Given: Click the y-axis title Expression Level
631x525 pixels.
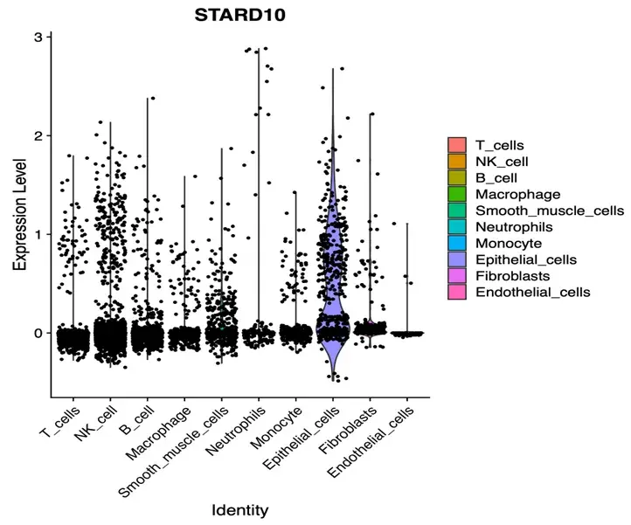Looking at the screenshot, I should point(19,209).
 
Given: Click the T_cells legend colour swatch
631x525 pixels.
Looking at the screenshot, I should point(456,145).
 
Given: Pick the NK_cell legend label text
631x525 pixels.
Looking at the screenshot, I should point(502,162).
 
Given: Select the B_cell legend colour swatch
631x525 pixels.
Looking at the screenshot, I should point(456,177).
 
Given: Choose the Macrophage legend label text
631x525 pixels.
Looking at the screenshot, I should point(517,194).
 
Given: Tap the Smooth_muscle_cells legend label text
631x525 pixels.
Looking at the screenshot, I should point(550,211).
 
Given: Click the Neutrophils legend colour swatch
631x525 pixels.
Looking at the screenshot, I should point(456,226).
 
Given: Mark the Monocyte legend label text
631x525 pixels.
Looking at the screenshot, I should point(509,243).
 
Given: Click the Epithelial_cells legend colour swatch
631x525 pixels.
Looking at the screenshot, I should point(456,259).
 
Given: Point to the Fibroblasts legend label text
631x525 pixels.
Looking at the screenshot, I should point(515,275).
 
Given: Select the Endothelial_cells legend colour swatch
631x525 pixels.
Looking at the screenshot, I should point(456,292).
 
